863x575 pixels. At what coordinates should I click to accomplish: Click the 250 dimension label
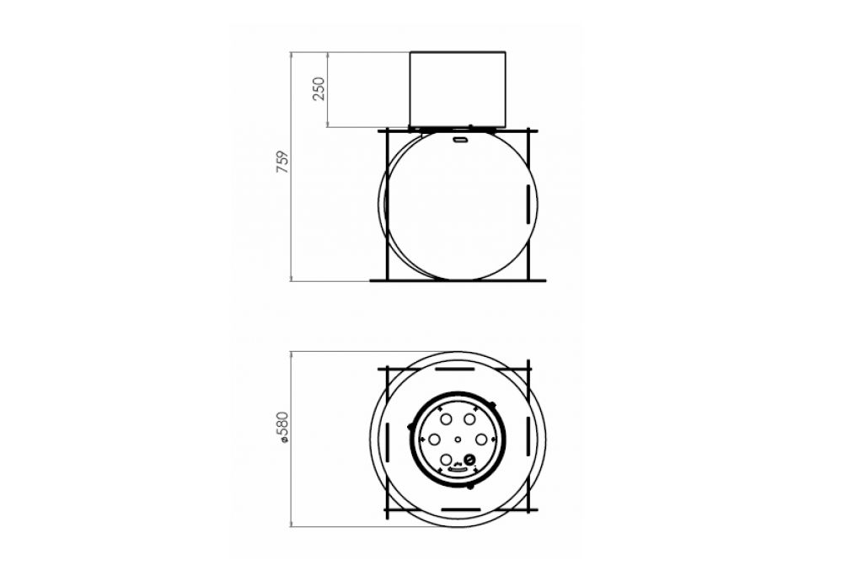click(319, 89)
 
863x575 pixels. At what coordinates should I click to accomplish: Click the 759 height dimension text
click(282, 162)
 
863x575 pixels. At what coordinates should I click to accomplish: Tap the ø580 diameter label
click(282, 427)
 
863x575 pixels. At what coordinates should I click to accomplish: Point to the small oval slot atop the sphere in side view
click(458, 140)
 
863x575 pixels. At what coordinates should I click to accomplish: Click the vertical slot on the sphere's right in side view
click(528, 205)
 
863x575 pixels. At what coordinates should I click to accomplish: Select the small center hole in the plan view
click(458, 439)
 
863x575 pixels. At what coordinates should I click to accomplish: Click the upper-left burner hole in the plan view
click(447, 419)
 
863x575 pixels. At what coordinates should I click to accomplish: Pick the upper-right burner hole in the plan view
click(469, 419)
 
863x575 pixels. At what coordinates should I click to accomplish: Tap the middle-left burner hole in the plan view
click(434, 439)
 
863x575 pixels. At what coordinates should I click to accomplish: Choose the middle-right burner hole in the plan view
click(481, 439)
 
